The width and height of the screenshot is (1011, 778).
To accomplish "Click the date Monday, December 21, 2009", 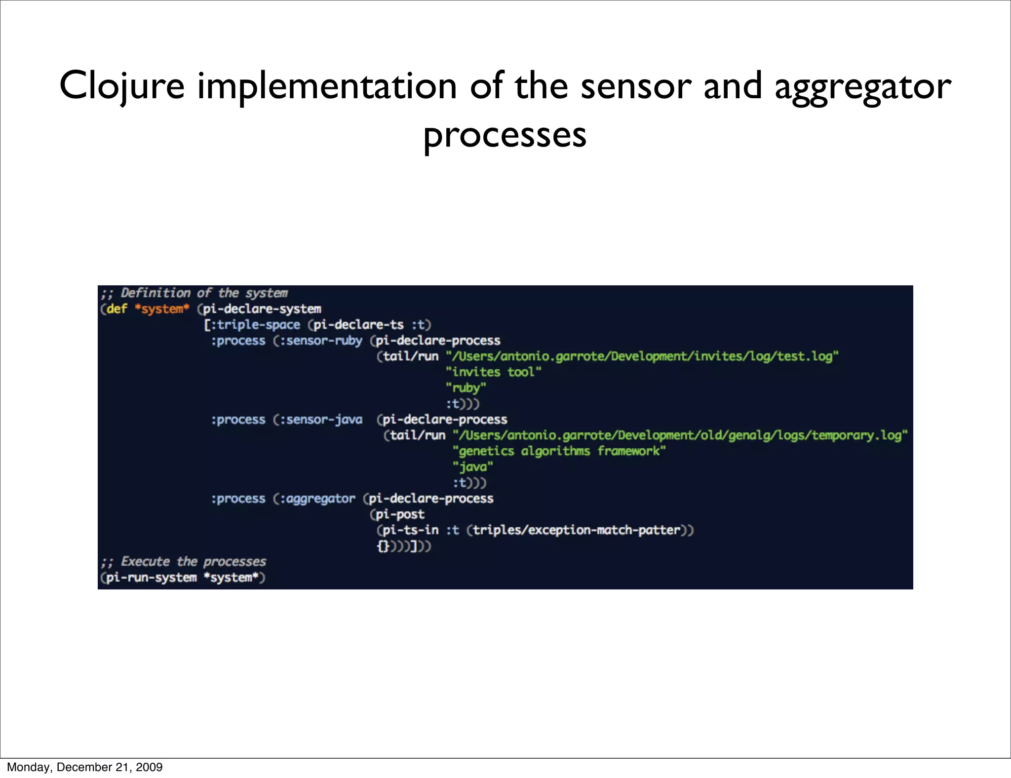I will [x=84, y=767].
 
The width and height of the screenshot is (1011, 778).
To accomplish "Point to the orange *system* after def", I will [x=162, y=309].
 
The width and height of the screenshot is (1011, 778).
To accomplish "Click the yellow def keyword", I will [x=117, y=309].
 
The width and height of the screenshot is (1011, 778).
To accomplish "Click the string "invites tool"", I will [x=493, y=372].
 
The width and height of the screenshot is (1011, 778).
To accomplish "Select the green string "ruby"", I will [x=466, y=388].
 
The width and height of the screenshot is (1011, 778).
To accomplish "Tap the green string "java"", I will [x=472, y=467].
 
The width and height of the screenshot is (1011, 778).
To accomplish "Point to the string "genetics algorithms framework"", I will [x=559, y=451].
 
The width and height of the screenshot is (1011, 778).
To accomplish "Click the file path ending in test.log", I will [x=642, y=356].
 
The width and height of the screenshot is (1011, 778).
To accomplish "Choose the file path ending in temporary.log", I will [x=680, y=435].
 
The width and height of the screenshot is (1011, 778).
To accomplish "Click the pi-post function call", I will [x=399, y=514].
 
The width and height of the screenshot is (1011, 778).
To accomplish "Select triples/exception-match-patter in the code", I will [x=576, y=530].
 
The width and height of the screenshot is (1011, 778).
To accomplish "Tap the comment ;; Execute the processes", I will [x=184, y=562].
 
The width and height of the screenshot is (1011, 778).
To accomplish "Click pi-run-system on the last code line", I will [x=151, y=578].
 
